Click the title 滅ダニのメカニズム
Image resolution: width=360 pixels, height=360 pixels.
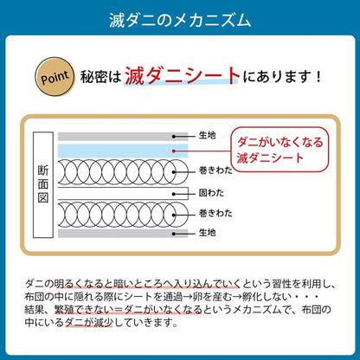[180, 20]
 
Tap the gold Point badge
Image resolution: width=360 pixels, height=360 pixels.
[55, 77]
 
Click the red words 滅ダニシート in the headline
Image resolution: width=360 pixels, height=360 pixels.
[183, 76]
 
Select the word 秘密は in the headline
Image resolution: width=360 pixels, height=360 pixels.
[100, 77]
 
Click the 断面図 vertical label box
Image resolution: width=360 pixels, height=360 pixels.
[43, 184]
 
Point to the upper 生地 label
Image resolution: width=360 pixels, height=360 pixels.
[207, 135]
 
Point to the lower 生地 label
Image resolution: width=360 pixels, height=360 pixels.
[207, 232]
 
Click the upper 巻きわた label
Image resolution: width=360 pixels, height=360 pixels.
[215, 170]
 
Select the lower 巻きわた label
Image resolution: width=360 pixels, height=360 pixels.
[215, 213]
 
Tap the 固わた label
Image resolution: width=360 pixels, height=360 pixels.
[211, 193]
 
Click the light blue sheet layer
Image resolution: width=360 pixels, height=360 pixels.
[123, 151]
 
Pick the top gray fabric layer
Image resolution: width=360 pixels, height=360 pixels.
[123, 137]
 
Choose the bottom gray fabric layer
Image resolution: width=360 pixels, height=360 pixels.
[123, 234]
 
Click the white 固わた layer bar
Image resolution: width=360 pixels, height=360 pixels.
[123, 193]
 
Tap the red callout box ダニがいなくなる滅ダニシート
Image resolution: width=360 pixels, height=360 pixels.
[280, 150]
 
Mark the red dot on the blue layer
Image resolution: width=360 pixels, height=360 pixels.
[174, 151]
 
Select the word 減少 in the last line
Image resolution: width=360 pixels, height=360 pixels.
[103, 322]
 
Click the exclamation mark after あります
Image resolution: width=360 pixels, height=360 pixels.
[318, 77]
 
